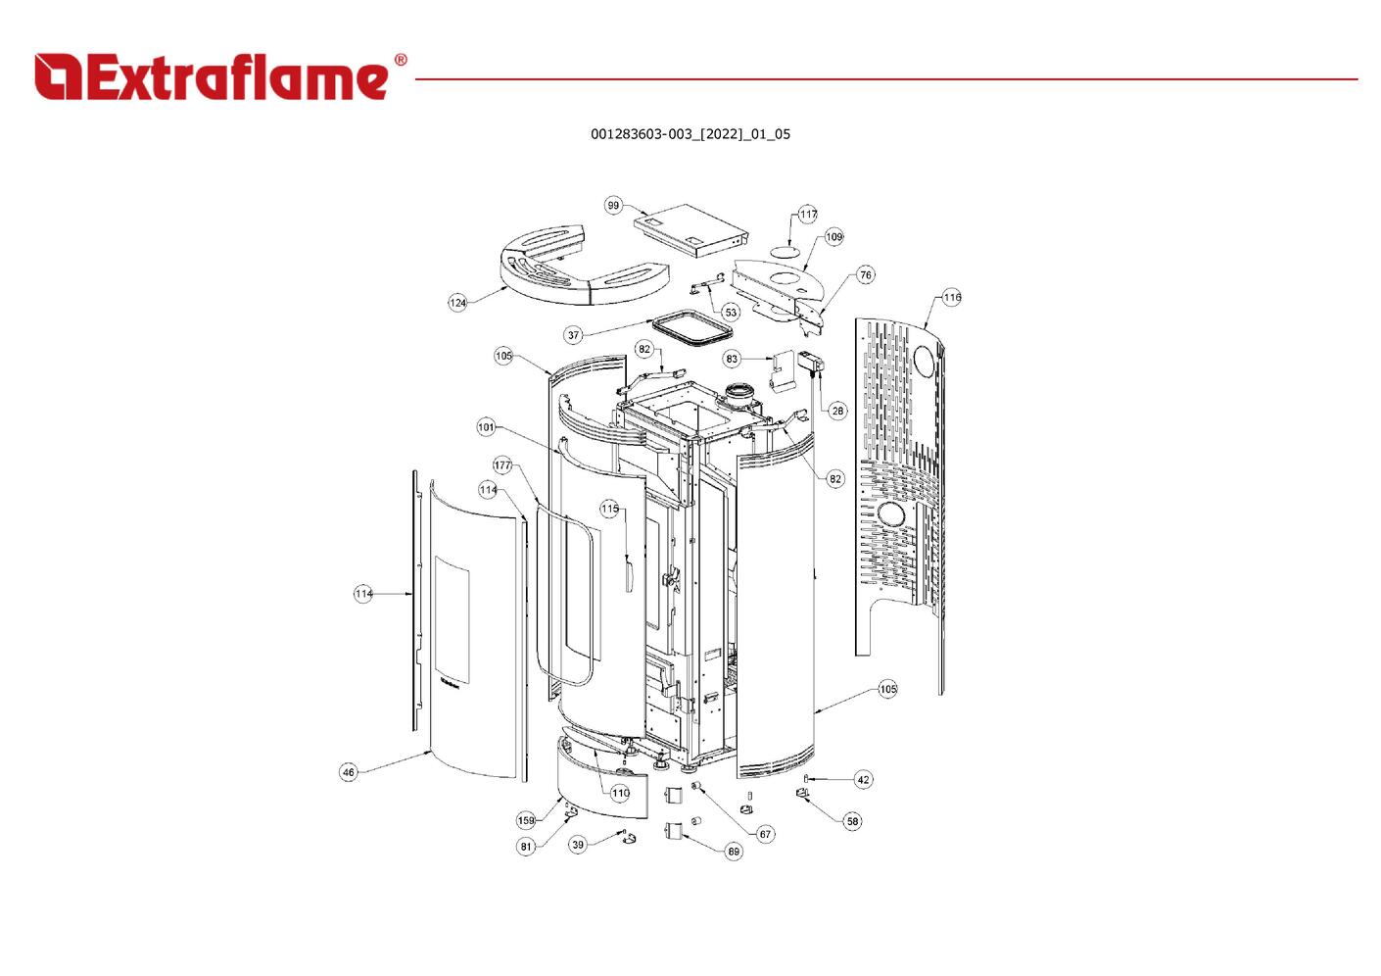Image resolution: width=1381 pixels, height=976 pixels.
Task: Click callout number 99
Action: tap(613, 206)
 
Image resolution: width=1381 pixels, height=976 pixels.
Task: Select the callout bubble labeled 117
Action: tap(808, 214)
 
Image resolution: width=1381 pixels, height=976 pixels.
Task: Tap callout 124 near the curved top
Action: tap(457, 302)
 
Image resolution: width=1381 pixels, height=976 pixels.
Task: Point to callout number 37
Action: tap(573, 335)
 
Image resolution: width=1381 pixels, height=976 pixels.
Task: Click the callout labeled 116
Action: tap(952, 297)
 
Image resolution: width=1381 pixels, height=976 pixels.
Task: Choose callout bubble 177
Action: tap(502, 465)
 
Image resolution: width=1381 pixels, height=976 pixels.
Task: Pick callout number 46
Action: tap(349, 772)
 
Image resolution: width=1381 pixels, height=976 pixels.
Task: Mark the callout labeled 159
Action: tap(525, 820)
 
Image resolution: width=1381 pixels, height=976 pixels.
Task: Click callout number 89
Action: tap(733, 852)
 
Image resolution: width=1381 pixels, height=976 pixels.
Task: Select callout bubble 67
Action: tap(765, 834)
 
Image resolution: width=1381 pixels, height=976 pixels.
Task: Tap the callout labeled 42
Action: tap(863, 780)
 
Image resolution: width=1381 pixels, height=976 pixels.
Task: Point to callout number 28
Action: tap(837, 411)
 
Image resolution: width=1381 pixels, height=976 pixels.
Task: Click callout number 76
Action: tap(866, 274)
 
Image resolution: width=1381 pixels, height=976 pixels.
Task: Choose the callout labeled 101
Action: tap(487, 427)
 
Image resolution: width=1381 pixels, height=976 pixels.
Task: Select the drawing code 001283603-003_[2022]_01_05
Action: tap(690, 134)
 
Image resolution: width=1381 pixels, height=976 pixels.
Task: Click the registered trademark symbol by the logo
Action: tap(400, 60)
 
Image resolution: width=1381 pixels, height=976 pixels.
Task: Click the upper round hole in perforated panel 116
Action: tap(925, 361)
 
